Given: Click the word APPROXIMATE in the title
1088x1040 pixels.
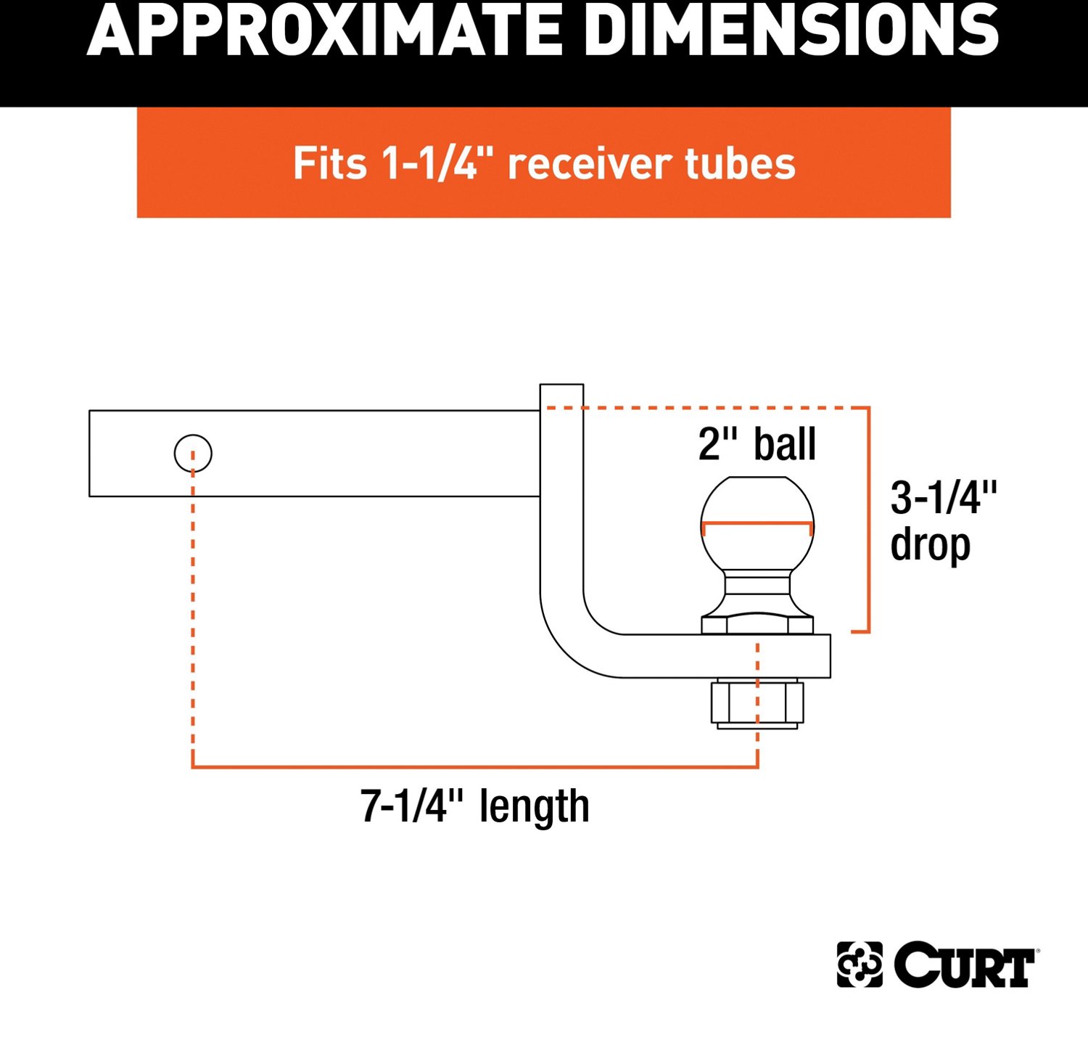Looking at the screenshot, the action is [323, 30].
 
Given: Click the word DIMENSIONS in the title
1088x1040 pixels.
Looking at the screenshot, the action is [791, 30].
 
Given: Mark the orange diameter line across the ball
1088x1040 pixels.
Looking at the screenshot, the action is [757, 523].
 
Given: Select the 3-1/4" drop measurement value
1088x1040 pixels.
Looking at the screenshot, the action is [944, 498].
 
